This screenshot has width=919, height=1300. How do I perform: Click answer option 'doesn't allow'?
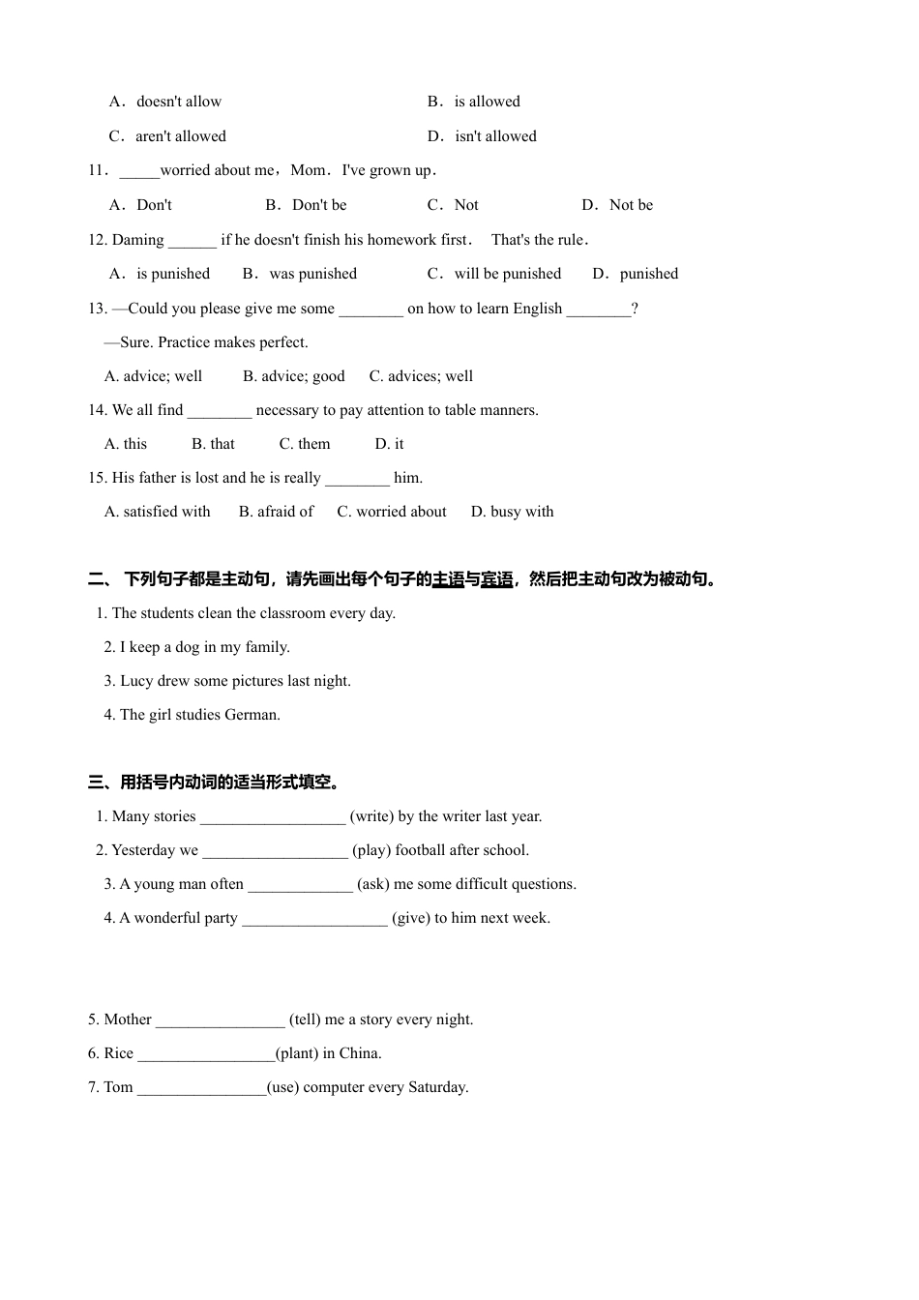point(178,102)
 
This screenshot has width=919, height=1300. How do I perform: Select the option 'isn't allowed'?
point(495,136)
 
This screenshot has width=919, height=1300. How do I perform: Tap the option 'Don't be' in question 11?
point(318,205)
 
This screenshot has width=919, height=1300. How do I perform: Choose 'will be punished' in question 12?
point(507,274)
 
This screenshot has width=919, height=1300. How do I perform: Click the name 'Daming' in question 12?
point(138,240)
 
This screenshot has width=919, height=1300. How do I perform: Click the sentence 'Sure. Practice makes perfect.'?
point(214,342)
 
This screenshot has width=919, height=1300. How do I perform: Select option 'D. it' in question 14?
point(389,444)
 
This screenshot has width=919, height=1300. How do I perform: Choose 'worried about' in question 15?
point(400,512)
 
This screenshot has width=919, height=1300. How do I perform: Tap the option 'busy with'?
point(521,512)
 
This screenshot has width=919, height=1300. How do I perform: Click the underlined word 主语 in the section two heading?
point(448,579)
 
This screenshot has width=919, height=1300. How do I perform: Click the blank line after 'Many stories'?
point(272,818)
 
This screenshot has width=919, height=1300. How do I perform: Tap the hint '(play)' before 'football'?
point(371,850)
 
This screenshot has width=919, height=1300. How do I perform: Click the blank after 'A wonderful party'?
point(314,920)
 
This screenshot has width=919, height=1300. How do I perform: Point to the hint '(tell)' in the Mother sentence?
point(305,1019)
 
